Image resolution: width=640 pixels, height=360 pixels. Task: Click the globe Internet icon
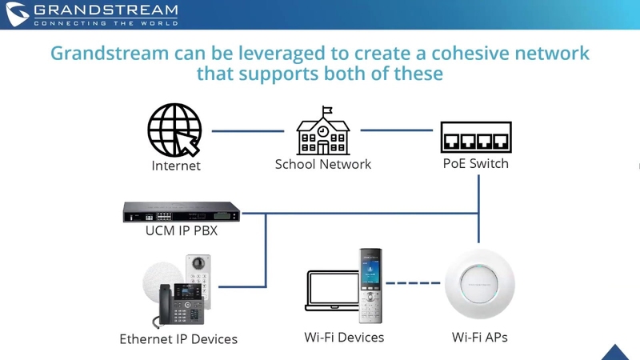tap(174, 130)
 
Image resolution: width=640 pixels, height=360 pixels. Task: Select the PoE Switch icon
tap(476, 137)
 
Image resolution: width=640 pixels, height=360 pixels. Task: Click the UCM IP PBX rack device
tap(182, 212)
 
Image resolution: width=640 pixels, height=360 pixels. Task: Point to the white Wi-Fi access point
tap(479, 284)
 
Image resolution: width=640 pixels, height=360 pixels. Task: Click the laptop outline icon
tap(333, 290)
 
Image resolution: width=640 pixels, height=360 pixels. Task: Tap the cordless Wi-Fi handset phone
tap(370, 286)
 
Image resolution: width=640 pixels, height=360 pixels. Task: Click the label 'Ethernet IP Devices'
tap(178, 339)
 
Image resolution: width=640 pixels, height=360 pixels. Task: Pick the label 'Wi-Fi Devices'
tap(344, 338)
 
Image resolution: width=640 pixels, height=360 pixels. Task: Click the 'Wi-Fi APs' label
tap(479, 338)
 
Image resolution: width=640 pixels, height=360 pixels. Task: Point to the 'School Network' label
tap(323, 164)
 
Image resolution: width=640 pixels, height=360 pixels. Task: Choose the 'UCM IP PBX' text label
tap(182, 230)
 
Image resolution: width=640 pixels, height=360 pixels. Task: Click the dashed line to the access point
tap(413, 283)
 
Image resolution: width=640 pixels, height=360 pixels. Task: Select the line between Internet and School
tap(248, 131)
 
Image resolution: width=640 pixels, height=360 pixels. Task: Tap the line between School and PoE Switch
tap(396, 130)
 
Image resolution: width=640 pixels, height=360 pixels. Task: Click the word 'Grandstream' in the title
tap(110, 54)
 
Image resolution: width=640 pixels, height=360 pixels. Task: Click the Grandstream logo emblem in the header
tap(17, 14)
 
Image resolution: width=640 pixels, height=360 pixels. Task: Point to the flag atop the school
tap(327, 110)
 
